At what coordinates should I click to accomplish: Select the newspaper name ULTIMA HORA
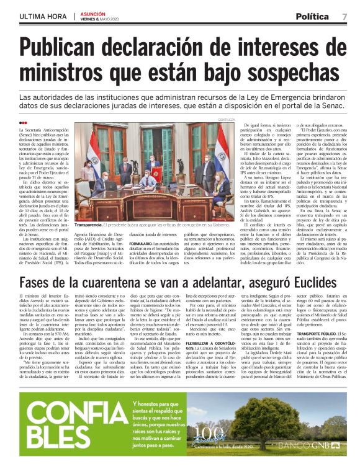coord(43,16)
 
